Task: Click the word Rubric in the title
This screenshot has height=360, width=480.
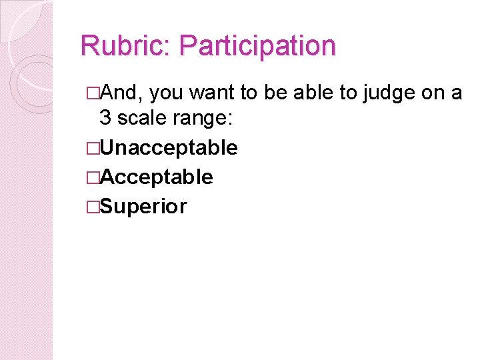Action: coord(124,47)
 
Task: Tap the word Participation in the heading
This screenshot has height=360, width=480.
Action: coord(258,47)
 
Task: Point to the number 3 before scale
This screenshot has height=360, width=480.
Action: coord(105,118)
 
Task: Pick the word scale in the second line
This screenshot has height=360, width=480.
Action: coord(143,118)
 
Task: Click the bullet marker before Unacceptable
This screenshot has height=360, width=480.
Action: coord(92,148)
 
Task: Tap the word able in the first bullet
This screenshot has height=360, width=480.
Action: coord(313,93)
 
